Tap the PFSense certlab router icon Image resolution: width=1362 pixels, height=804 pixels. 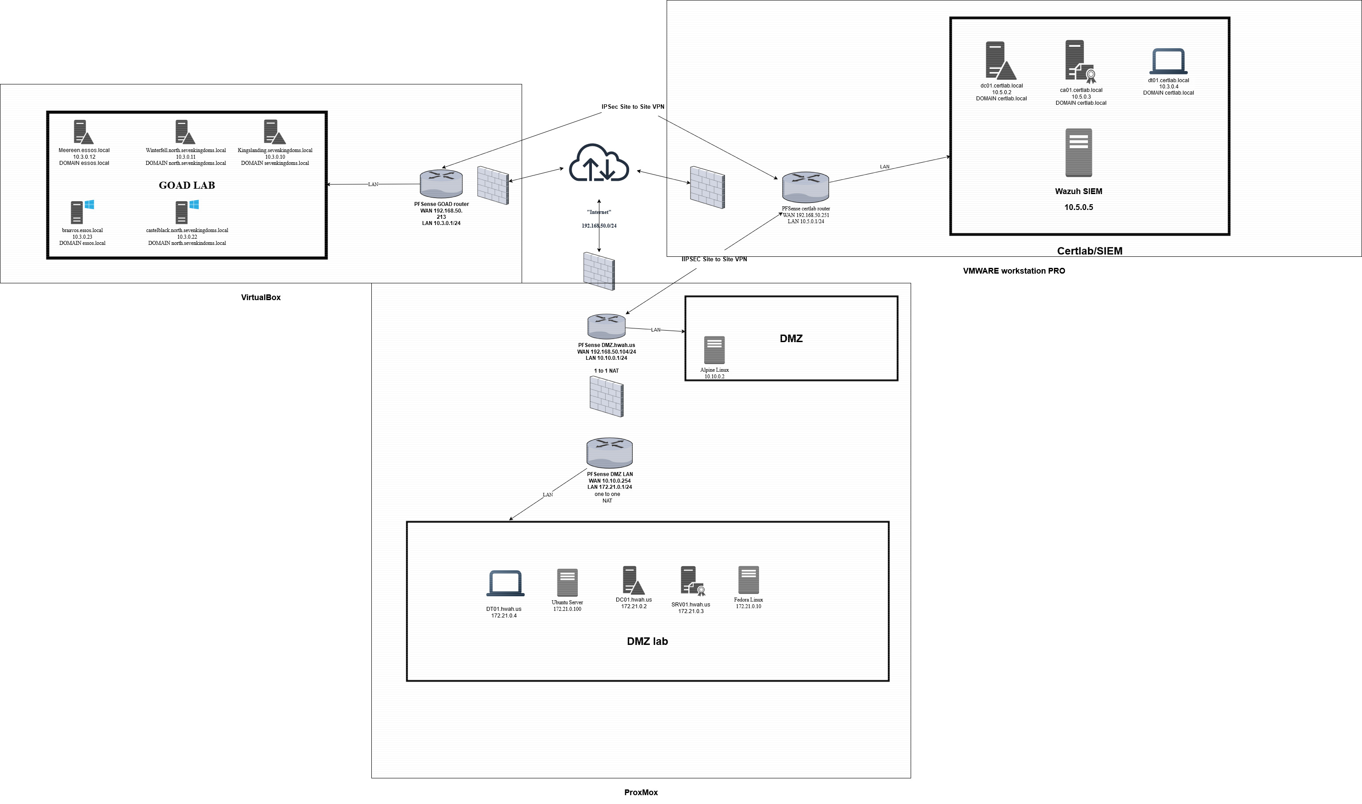805,187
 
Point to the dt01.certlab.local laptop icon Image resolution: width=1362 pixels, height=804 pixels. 1168,61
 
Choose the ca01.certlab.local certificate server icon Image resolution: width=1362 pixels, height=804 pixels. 1080,62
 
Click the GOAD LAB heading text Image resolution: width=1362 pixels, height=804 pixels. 187,185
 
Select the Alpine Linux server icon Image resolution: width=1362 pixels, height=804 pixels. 714,350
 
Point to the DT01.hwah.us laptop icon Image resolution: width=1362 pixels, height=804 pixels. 505,583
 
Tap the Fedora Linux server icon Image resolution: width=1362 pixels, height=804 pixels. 748,580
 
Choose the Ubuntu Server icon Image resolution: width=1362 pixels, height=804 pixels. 567,583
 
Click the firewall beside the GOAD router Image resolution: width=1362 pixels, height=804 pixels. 492,185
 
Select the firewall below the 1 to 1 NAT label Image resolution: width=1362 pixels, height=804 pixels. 606,396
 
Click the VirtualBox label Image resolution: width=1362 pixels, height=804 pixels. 260,297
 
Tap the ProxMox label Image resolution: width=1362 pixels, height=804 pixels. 641,792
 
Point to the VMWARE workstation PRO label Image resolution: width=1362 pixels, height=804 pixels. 1014,271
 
